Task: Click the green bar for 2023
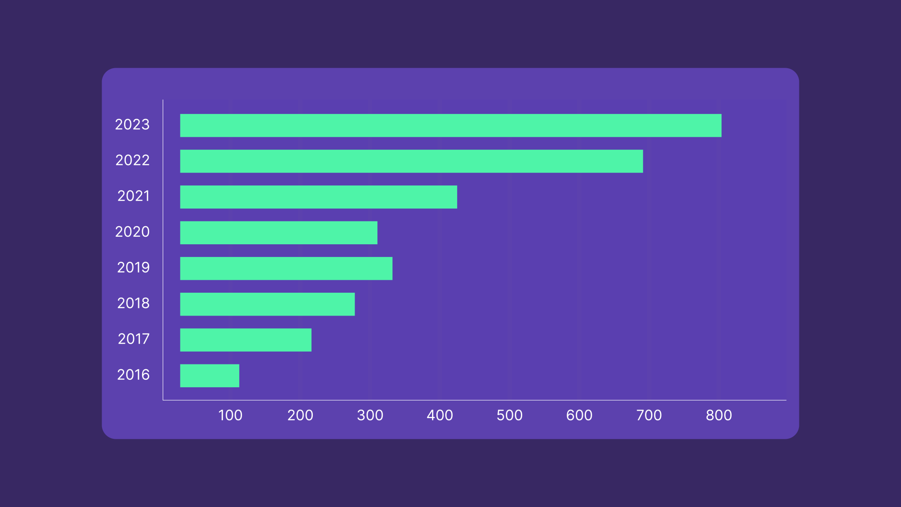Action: click(x=450, y=125)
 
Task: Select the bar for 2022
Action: click(x=411, y=161)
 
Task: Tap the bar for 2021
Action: click(x=319, y=197)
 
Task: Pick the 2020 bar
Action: click(x=278, y=232)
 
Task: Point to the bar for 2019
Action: click(x=286, y=268)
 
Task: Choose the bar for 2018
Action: click(x=267, y=304)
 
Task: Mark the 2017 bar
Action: click(x=245, y=340)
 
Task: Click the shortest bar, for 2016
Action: click(x=209, y=375)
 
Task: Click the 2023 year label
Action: click(x=132, y=125)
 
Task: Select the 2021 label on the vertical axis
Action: click(x=133, y=196)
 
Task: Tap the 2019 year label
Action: click(x=133, y=268)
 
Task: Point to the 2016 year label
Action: click(x=133, y=375)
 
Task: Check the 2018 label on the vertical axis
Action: click(x=133, y=303)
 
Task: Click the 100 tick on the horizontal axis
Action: click(x=230, y=415)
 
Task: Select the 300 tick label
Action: click(x=370, y=415)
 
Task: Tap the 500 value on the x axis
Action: click(x=509, y=415)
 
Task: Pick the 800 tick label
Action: click(x=719, y=415)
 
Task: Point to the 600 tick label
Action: click(x=579, y=415)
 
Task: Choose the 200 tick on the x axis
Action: click(x=300, y=415)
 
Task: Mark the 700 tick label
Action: click(x=649, y=415)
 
